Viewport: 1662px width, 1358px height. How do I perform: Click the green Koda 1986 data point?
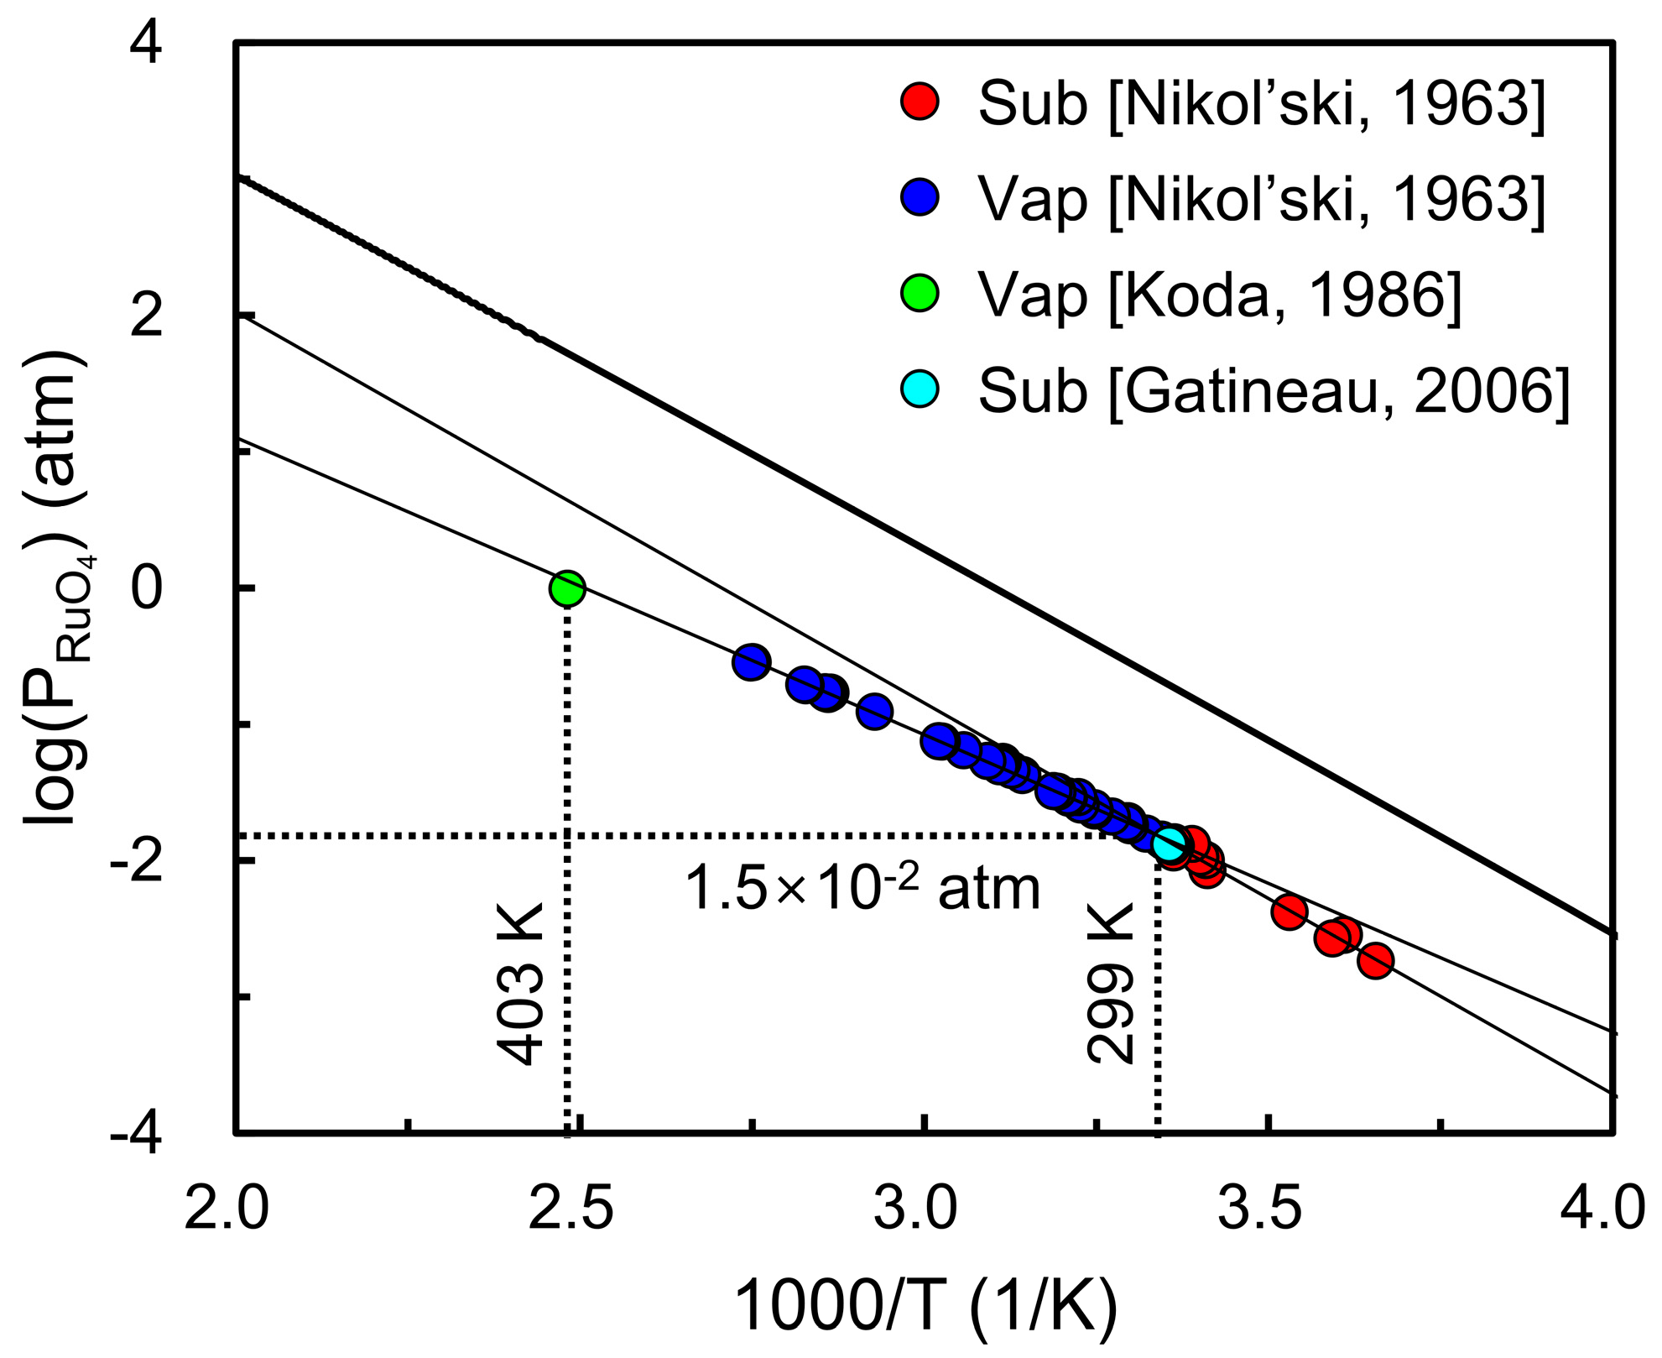pyautogui.click(x=567, y=588)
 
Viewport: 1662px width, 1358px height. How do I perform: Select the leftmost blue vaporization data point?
pyautogui.click(x=751, y=662)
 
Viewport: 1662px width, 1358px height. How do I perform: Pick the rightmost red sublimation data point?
pyautogui.click(x=1375, y=961)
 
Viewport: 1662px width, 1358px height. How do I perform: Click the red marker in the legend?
pyautogui.click(x=920, y=102)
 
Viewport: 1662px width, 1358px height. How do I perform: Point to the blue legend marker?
pyautogui.click(x=920, y=197)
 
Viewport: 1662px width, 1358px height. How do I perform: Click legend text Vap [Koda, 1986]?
pyautogui.click(x=1220, y=295)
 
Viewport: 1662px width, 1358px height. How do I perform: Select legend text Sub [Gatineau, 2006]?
pyautogui.click(x=1274, y=391)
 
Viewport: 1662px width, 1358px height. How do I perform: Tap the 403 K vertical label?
pyautogui.click(x=521, y=984)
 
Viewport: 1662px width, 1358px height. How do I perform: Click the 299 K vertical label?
pyautogui.click(x=1110, y=984)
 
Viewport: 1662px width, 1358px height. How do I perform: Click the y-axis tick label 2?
pyautogui.click(x=147, y=317)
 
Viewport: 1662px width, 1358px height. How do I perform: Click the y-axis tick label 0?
pyautogui.click(x=147, y=589)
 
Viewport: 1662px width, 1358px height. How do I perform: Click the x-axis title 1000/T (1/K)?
pyautogui.click(x=925, y=1306)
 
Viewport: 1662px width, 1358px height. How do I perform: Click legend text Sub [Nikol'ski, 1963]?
pyautogui.click(x=1261, y=103)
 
